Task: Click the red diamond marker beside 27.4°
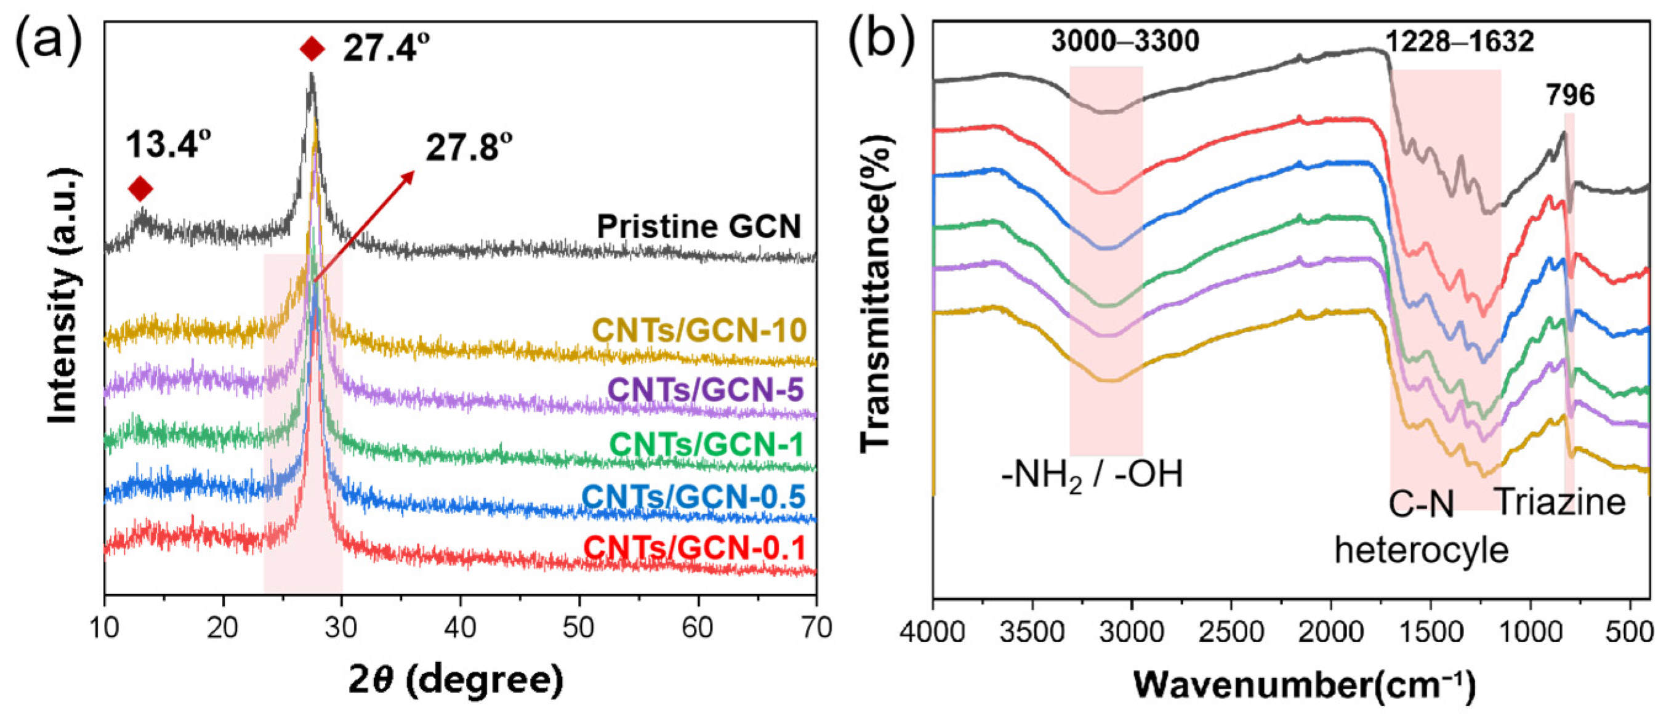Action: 312,49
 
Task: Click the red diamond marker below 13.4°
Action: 140,189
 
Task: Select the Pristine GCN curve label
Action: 699,227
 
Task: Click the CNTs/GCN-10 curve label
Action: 700,331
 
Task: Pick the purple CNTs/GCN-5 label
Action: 706,390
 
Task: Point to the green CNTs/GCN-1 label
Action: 706,445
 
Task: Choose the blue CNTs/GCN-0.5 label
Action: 693,497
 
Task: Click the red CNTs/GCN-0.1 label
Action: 694,549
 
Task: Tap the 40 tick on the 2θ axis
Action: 461,627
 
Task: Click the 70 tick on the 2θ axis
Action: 816,627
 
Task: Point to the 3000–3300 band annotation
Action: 1125,41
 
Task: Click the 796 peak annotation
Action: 1571,95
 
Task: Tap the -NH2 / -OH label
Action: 1092,475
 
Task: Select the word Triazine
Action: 1561,502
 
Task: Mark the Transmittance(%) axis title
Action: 875,294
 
